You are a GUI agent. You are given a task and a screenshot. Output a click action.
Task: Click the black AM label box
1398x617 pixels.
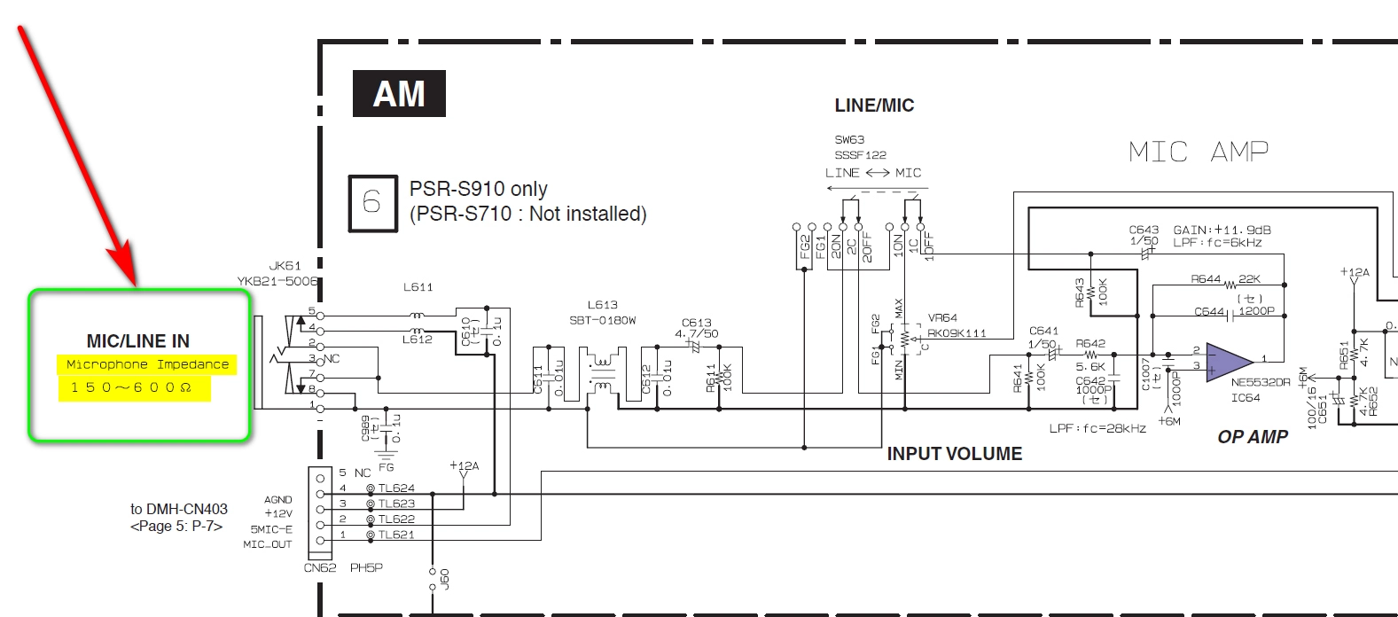(x=399, y=94)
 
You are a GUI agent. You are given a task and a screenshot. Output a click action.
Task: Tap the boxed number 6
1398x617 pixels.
(x=372, y=203)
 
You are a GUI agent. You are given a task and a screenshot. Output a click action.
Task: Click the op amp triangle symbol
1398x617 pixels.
(x=1229, y=361)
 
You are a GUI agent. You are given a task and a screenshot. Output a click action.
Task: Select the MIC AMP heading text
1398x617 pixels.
(x=1198, y=152)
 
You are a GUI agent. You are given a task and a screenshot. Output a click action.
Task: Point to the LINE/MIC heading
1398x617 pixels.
(x=874, y=105)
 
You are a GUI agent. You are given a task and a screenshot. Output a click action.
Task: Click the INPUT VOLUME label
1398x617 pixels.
(x=955, y=454)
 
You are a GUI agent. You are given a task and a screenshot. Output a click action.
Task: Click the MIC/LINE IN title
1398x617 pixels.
(x=137, y=341)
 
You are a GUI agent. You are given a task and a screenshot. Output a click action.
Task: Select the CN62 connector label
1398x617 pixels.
(x=320, y=567)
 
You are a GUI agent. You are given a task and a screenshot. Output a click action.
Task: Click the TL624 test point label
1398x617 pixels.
(x=396, y=488)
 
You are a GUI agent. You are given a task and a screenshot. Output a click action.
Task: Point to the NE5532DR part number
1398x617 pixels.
(x=1261, y=382)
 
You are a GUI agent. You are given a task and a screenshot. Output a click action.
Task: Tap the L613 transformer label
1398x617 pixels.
(x=602, y=305)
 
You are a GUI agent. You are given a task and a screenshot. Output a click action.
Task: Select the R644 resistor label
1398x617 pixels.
(x=1206, y=279)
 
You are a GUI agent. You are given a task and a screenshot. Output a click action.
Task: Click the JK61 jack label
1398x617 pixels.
(x=285, y=265)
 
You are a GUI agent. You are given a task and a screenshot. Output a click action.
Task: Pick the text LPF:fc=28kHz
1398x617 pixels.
(x=1097, y=428)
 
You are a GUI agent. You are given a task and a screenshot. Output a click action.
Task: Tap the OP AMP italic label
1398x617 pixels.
(x=1252, y=437)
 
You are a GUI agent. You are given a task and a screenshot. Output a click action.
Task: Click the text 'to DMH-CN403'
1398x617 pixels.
(x=179, y=509)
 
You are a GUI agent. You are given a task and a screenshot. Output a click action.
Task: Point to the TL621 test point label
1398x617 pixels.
(x=396, y=535)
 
